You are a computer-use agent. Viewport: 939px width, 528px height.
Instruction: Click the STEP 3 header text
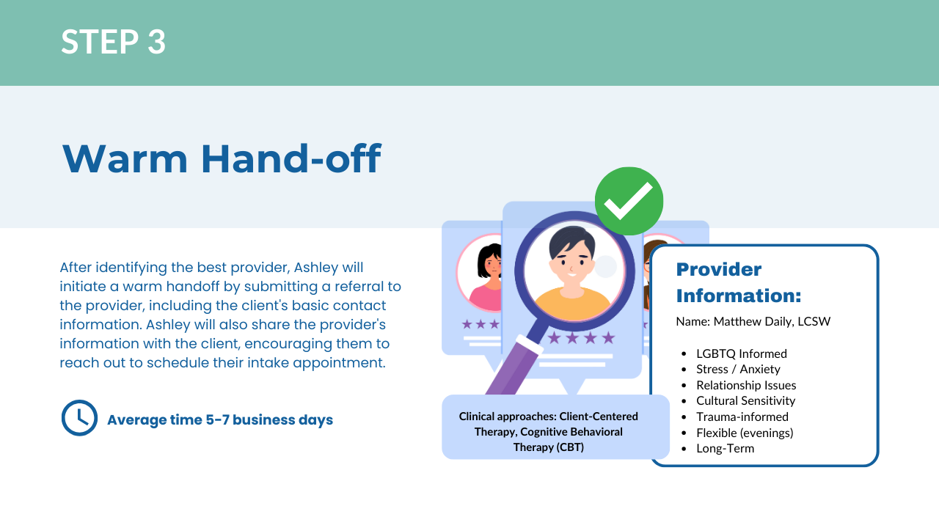coord(113,42)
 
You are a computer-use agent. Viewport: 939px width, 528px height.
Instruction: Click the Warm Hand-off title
coord(222,158)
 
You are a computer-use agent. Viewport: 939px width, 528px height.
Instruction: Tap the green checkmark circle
coord(629,201)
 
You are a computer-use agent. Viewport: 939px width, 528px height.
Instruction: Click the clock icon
coord(79,418)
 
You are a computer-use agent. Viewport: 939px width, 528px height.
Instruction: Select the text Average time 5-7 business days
coord(220,420)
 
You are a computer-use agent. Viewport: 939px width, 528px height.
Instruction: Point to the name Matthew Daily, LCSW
coord(772,321)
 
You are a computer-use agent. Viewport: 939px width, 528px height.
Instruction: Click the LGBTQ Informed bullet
coord(742,353)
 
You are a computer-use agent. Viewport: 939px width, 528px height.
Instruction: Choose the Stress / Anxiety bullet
coord(738,369)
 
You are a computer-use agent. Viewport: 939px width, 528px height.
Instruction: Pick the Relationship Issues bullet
coord(746,385)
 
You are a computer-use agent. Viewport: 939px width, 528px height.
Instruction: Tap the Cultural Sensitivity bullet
coord(746,400)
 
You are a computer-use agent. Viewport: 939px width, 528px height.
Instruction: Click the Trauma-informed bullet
coord(742,417)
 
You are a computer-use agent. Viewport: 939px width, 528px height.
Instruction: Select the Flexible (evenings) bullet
coord(745,433)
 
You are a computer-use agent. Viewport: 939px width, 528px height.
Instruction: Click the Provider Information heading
coord(739,282)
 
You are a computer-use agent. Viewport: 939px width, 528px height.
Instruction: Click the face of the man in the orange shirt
coord(572,260)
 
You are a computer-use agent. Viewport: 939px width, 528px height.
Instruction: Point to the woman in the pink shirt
coord(486,277)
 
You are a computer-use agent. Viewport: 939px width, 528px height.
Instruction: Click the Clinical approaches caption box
coord(555,427)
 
